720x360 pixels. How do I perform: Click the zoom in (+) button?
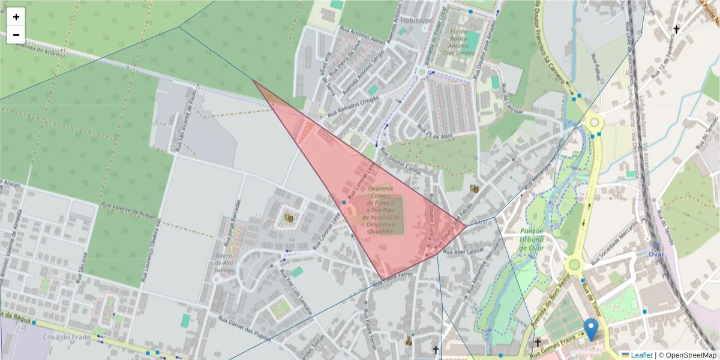point(16,17)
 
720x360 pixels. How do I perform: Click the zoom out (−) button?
point(16,35)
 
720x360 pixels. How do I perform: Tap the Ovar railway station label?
point(656,253)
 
